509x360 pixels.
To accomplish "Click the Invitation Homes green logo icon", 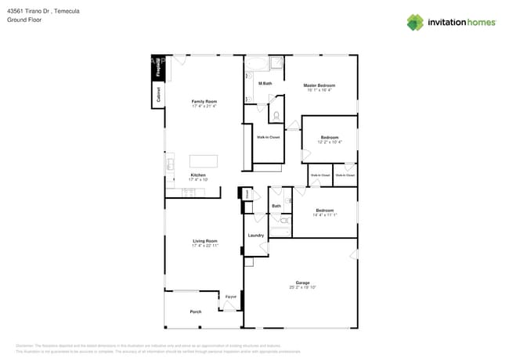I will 415,22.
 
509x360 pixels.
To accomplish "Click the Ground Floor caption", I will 24,20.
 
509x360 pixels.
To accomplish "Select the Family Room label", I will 204,101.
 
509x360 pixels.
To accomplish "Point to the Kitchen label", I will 198,175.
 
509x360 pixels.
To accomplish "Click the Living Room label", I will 205,241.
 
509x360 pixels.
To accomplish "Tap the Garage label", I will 302,283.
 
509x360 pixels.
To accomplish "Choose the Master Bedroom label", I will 319,85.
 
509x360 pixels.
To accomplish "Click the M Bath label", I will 265,83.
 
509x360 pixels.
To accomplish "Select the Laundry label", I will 255,235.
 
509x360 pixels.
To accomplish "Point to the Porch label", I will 196,311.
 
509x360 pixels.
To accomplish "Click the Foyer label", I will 231,297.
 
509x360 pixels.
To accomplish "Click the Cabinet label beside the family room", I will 158,95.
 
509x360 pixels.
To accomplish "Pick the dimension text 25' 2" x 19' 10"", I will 302,287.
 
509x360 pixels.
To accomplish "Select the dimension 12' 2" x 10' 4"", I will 329,142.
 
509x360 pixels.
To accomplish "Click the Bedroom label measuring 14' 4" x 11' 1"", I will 324,210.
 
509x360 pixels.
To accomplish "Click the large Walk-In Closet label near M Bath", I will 269,137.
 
